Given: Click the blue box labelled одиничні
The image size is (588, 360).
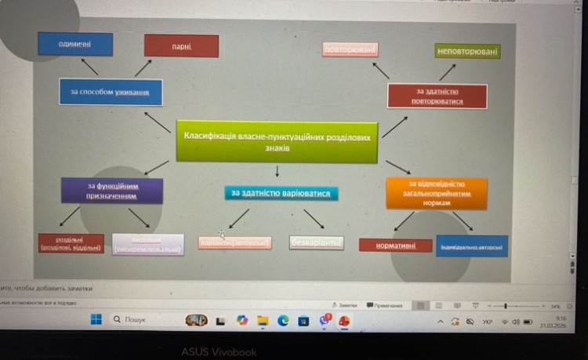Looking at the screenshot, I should pos(75,44).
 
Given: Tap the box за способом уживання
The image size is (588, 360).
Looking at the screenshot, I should pos(111,92).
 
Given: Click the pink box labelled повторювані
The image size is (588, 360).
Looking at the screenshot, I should pos(350,50).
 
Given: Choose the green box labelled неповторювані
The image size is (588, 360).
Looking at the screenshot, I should pos(467,51).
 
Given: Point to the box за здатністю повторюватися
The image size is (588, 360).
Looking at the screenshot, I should pos(437,96).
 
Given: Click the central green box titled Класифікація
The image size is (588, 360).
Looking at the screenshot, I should pos(276,141).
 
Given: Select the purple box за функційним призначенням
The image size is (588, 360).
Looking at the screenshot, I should pos(112,191).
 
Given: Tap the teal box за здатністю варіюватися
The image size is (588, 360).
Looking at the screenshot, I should pos(281,193).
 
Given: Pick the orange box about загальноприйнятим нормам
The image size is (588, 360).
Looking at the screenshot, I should pos(437,193).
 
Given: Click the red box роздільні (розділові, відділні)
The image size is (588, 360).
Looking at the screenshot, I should pos(71,244).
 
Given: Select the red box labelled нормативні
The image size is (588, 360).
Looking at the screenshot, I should pos(396,245).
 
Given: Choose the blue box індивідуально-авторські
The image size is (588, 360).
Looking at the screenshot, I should pos(471,246).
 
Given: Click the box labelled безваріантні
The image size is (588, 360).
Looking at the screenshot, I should pos(317,243).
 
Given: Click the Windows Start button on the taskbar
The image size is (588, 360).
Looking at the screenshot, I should pos(96,320).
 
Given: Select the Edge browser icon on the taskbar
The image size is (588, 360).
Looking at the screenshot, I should pos(283,320).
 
